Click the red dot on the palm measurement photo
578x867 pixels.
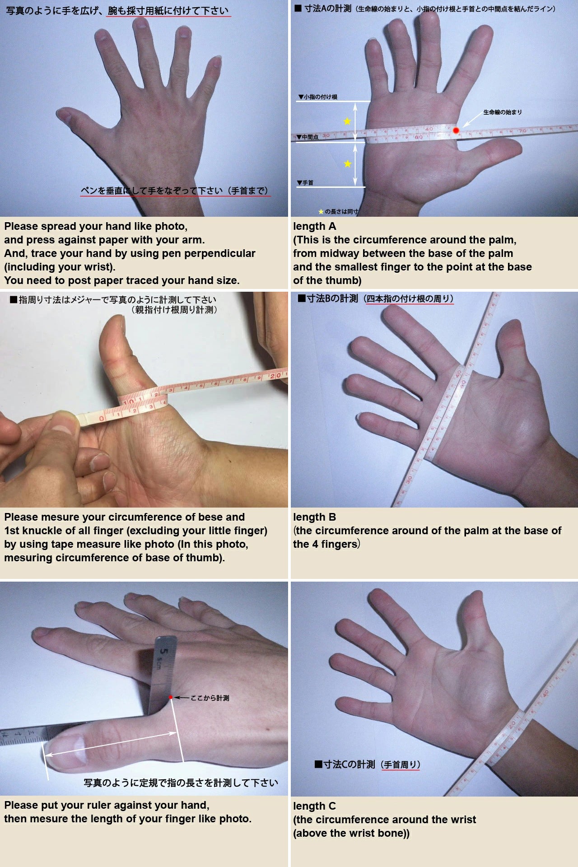click(x=456, y=131)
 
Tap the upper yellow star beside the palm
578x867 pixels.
click(x=347, y=121)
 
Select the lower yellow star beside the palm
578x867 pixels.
click(x=347, y=163)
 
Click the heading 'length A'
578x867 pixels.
click(x=315, y=226)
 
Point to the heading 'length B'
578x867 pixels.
click(x=315, y=517)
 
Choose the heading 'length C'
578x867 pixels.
click(x=315, y=806)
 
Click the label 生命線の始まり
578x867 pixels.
click(x=503, y=112)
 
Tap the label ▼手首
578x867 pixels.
click(x=305, y=182)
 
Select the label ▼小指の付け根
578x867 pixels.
click(x=318, y=97)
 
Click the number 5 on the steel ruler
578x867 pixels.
click(x=164, y=652)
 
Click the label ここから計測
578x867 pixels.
click(x=210, y=698)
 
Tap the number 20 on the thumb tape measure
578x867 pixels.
click(x=275, y=375)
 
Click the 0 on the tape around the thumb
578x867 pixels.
click(x=102, y=419)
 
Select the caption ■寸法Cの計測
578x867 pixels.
click(x=345, y=764)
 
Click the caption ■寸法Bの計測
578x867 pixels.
click(x=328, y=298)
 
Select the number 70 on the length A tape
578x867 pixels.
click(x=522, y=131)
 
